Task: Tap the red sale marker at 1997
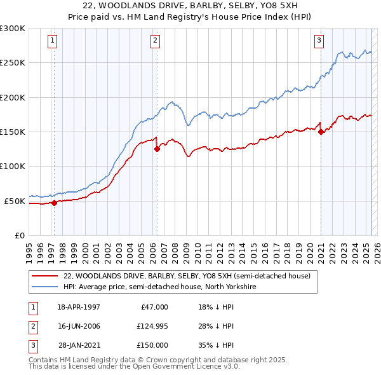(x=55, y=203)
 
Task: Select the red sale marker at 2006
(x=157, y=149)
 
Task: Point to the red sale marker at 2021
(x=321, y=132)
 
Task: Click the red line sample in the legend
(x=44, y=276)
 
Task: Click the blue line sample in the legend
(x=44, y=287)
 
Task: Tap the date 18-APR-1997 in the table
(x=79, y=307)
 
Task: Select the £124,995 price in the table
(x=150, y=326)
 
